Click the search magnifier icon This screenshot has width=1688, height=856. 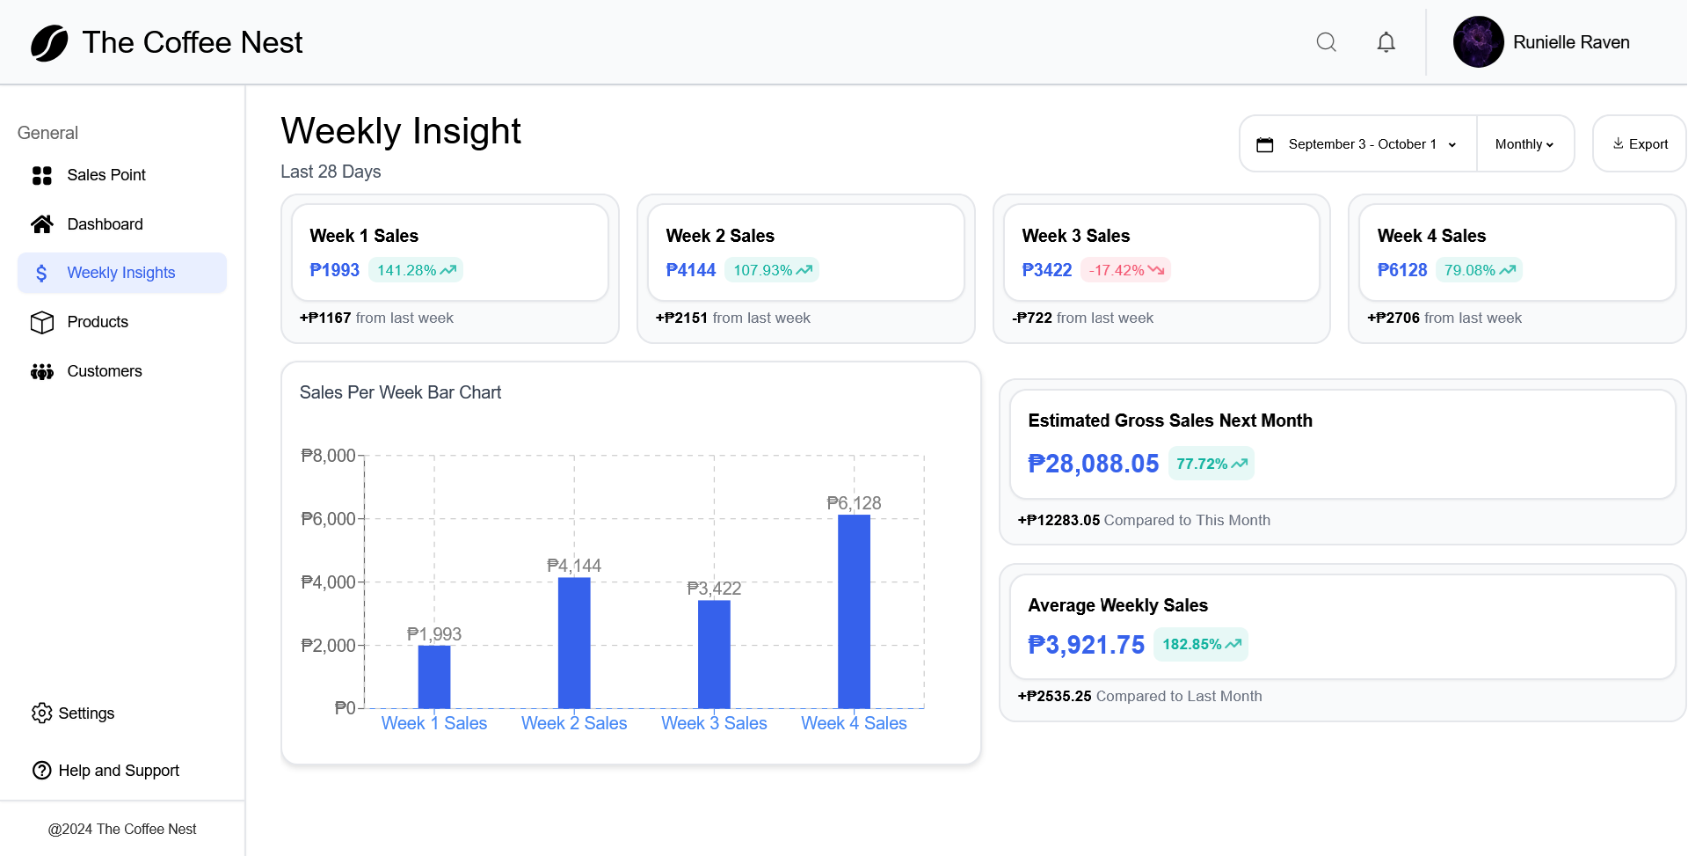pos(1326,42)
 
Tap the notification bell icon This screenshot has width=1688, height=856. pos(1386,42)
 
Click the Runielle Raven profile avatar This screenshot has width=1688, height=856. pos(1478,42)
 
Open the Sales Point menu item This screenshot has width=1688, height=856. pos(105,175)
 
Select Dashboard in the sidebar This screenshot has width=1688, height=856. pos(105,224)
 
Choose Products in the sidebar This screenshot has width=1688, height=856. pos(97,322)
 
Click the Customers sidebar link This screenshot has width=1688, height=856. pos(104,371)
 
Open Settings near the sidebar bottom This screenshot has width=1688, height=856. pos(85,713)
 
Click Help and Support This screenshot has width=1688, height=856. pos(118,771)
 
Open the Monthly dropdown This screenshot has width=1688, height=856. pos(1524,144)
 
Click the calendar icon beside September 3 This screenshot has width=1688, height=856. pos(1264,144)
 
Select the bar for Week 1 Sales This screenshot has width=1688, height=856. pos(434,677)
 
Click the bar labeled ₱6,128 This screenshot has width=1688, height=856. pos(854,611)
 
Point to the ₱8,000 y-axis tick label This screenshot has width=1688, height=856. pos(328,456)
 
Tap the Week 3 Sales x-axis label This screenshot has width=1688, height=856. pos(714,723)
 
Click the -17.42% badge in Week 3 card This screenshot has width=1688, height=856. pos(1125,270)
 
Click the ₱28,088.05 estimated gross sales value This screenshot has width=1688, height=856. pos(1093,464)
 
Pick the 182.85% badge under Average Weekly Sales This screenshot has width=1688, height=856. pos(1200,644)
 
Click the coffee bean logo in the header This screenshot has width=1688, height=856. pos(49,43)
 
